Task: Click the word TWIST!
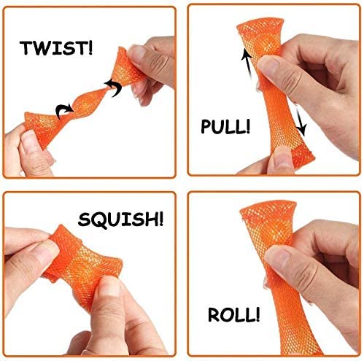56,48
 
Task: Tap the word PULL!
225,126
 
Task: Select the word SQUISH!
120,220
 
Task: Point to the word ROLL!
233,314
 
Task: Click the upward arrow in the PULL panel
247,63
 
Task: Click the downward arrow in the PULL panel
300,120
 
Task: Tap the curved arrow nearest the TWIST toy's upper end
113,87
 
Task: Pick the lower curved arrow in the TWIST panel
64,111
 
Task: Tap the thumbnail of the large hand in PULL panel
268,64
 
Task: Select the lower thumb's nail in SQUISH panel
108,287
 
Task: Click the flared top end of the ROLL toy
268,209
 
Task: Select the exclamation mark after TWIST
90,47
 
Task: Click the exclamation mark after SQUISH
160,219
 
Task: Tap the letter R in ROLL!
214,314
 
